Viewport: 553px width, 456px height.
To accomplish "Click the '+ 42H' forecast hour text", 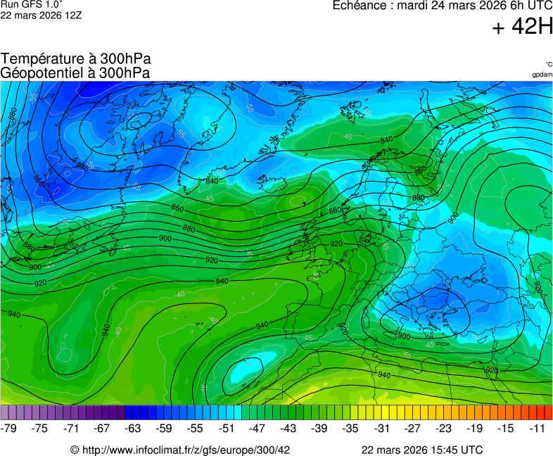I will pos(523,27).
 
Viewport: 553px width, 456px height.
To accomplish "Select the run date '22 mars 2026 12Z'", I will pos(41,15).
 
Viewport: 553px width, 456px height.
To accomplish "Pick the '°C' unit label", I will pos(548,65).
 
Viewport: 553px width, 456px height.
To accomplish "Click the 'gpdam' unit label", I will pos(542,75).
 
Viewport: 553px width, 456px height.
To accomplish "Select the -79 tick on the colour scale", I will pos(9,428).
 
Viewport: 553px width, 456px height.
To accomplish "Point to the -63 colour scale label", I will pos(133,428).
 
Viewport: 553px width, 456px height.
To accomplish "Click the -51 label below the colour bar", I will pos(226,428).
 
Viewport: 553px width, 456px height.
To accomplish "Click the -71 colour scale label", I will pos(71,428).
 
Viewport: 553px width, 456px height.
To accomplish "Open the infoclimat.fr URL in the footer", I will pos(180,450).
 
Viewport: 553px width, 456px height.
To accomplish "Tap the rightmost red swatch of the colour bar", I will pos(548,412).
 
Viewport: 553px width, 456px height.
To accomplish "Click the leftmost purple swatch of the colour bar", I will pos(5,412).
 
